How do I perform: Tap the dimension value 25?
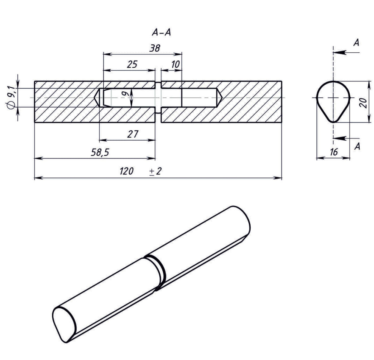pyautogui.click(x=132, y=64)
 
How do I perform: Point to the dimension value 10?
pyautogui.click(x=175, y=64)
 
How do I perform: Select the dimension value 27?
pyautogui.click(x=133, y=134)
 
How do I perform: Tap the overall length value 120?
pyautogui.click(x=126, y=171)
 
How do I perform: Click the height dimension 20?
pyautogui.click(x=362, y=102)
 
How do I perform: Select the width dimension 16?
pyautogui.click(x=333, y=152)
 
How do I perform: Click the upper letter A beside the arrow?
pyautogui.click(x=356, y=43)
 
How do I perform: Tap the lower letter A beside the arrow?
pyautogui.click(x=357, y=146)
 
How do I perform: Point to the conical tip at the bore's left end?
pyautogui.click(x=97, y=98)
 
